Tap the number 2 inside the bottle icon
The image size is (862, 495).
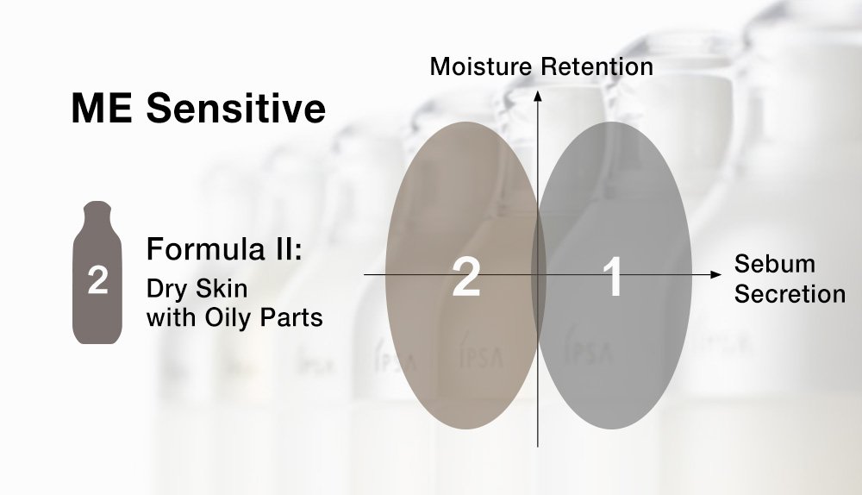click(x=97, y=281)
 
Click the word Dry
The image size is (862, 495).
click(x=165, y=288)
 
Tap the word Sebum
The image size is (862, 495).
click(x=774, y=264)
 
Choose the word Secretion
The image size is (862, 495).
click(x=790, y=294)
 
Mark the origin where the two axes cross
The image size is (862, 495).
click(x=538, y=274)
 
